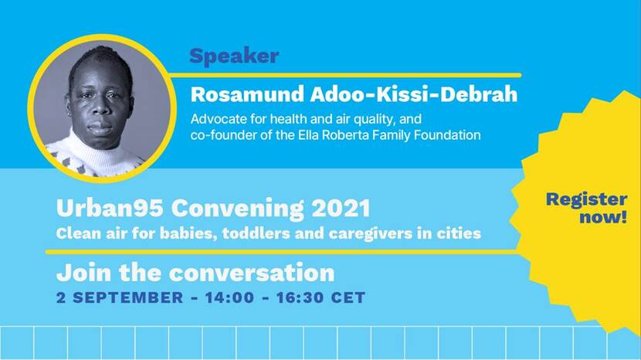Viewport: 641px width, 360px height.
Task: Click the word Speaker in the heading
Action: tap(234, 56)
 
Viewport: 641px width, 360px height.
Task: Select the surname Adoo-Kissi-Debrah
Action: tap(414, 94)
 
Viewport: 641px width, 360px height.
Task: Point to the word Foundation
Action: tap(447, 134)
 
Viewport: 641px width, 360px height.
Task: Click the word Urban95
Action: tap(110, 208)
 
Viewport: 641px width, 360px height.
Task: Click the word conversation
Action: tap(252, 273)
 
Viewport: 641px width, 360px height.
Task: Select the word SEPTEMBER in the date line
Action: tap(128, 297)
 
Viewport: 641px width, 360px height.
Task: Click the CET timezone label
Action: tap(348, 297)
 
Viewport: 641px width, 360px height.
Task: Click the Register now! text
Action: tap(586, 208)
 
